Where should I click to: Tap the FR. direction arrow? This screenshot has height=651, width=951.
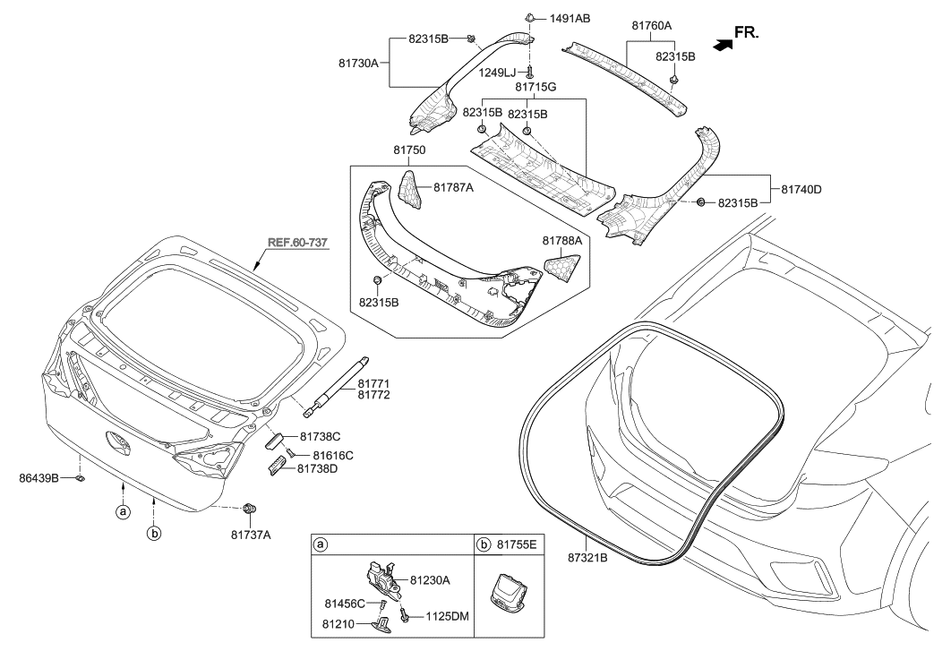click(719, 42)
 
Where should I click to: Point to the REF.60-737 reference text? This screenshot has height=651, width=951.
click(297, 243)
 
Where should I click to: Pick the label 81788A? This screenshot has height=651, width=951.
click(561, 241)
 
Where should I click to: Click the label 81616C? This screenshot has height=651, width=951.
click(333, 456)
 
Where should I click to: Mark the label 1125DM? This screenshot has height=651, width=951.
click(444, 616)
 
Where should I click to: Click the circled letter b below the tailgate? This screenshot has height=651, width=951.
click(153, 534)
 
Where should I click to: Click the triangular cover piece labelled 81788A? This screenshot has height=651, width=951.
click(563, 266)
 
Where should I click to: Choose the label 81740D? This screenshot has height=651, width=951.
click(804, 190)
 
